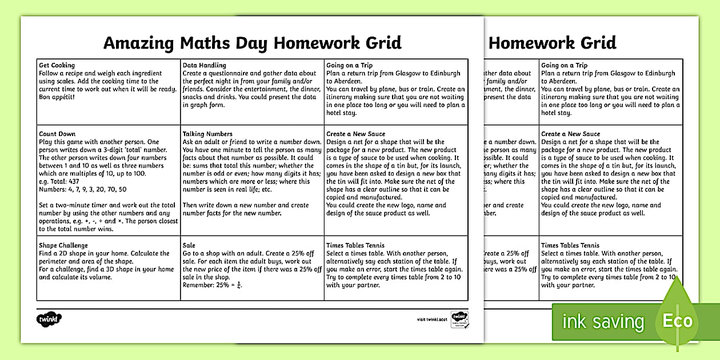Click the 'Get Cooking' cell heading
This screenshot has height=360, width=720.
(57, 65)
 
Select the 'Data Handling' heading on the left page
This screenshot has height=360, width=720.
(204, 65)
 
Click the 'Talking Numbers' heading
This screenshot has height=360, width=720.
(207, 134)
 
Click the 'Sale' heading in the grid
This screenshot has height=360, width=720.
(189, 245)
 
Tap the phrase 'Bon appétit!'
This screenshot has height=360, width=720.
(57, 97)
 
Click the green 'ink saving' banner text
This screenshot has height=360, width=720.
(602, 322)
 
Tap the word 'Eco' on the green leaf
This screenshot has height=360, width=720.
(677, 321)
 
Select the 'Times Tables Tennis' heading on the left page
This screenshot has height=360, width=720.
(355, 245)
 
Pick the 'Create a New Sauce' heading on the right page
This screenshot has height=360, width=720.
(570, 134)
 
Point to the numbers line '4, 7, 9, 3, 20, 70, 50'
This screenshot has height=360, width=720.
(82, 189)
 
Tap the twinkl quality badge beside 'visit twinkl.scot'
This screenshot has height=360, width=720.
(458, 318)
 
